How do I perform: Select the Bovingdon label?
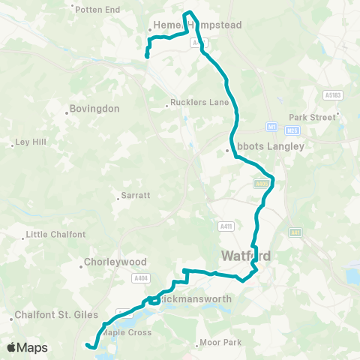(x=94, y=109)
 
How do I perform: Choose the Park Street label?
(x=312, y=118)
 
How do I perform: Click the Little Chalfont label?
(x=55, y=235)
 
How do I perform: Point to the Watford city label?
(x=245, y=257)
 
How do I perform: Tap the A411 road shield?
(x=226, y=225)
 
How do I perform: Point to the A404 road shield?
(x=142, y=279)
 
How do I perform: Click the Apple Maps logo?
(x=27, y=347)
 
